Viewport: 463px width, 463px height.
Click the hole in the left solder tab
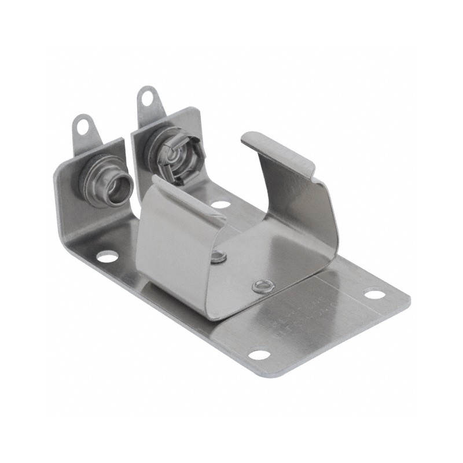(x=82, y=122)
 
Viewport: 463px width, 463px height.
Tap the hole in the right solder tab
(x=146, y=95)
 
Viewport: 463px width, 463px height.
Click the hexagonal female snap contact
(x=177, y=160)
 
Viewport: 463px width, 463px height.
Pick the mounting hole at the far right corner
(x=372, y=295)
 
